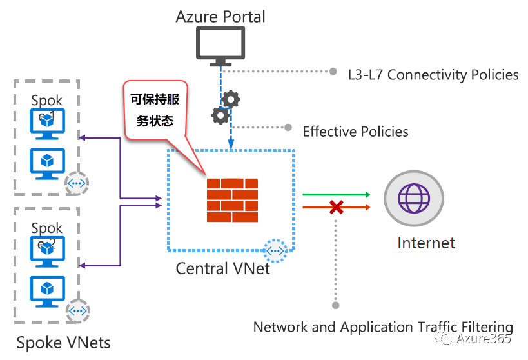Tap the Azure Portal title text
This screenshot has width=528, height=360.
tap(220, 16)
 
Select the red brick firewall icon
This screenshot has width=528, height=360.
tap(232, 200)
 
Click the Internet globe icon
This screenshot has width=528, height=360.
tap(413, 197)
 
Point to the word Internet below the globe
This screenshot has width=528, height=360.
tap(426, 243)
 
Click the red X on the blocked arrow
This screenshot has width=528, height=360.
tap(336, 207)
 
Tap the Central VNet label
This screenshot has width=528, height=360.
tap(223, 268)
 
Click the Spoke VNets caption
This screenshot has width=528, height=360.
tap(64, 342)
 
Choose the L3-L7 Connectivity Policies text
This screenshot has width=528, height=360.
tap(433, 75)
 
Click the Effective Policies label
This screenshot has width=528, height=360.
tap(355, 132)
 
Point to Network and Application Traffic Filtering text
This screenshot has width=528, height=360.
tap(383, 327)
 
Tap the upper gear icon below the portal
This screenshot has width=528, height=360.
tap(231, 99)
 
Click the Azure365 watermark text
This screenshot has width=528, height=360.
tap(483, 338)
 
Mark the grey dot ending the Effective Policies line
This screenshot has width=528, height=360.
tap(288, 127)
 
